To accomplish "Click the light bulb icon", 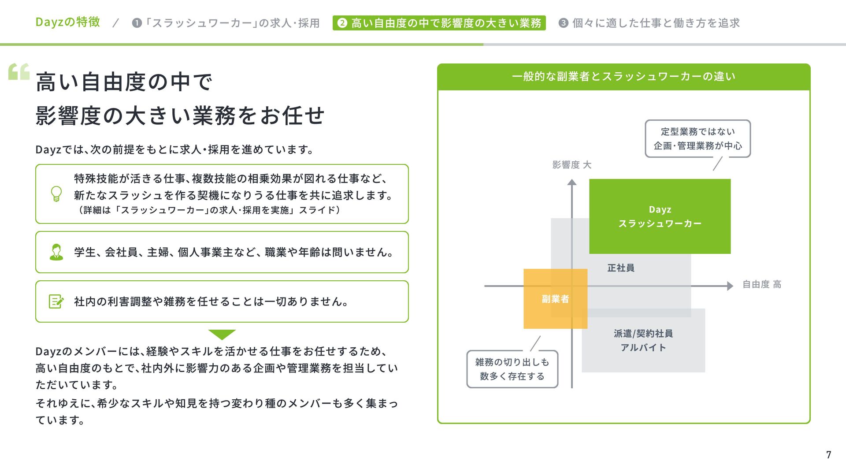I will click(56, 194).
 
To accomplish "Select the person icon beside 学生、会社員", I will click(56, 252).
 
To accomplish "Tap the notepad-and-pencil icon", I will click(56, 301).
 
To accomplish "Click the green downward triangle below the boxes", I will click(222, 334).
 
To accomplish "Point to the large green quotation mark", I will click(19, 72).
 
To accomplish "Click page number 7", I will click(828, 455).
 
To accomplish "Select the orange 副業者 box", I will click(555, 299).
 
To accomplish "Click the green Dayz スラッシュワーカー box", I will click(660, 216).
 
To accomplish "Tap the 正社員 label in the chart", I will click(621, 268).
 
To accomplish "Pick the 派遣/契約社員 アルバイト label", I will click(643, 340).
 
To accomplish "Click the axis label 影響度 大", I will click(571, 165).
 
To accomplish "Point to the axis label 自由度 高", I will click(762, 284).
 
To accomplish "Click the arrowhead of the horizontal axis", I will click(730, 286).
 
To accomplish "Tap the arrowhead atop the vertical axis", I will click(572, 182).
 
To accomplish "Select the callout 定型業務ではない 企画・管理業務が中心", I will click(698, 138).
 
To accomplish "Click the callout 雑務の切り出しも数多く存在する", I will click(512, 369).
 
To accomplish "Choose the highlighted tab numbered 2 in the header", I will click(439, 23).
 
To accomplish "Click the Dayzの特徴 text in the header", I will click(68, 22).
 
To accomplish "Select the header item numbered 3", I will click(649, 23).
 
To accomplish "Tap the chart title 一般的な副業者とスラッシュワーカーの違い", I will click(623, 77).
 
